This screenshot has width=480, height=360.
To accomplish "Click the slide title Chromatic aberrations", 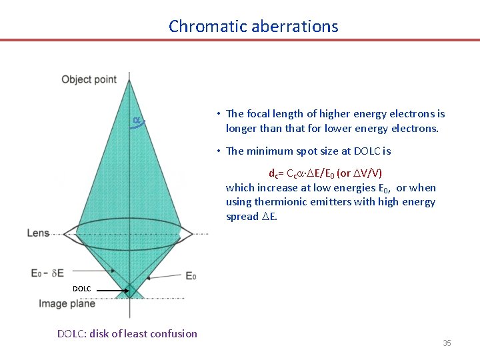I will coord(253,27).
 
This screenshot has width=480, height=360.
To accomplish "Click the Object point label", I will coord(89,80).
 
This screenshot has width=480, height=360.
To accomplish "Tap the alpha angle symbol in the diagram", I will coord(136,121).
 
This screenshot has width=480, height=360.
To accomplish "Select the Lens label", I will coord(38,233).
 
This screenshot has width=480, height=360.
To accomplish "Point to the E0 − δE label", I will coord(47,273).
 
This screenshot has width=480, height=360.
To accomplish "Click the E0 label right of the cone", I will coord(190,276).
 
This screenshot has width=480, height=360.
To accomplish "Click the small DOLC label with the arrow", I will coord(81,289).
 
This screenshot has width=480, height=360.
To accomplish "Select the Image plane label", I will coord(67,304).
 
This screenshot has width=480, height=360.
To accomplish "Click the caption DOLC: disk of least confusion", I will coord(127,333).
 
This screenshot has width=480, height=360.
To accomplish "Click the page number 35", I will coord(447,343).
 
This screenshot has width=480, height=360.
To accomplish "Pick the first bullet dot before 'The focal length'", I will coord(219,114).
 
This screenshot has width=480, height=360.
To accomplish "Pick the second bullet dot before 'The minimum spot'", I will coord(219,151).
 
